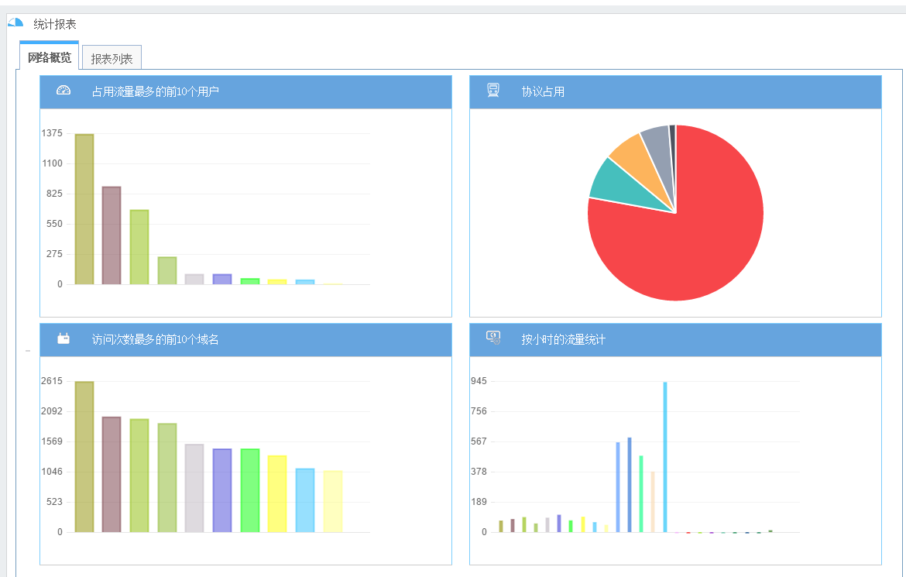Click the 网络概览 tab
pos(50,58)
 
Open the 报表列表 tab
pos(112,59)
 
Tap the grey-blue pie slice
pos(657,140)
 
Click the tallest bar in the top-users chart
pos(84,209)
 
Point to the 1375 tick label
pos(52,133)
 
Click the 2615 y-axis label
pos(52,381)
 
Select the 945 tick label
pos(478,381)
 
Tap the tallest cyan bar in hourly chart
pos(665,457)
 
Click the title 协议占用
pos(543,92)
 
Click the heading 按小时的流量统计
pos(563,340)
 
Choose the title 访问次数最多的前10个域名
pos(155,340)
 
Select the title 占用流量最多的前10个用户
pos(155,92)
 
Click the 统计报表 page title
pos(55,25)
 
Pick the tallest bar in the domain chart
pos(84,457)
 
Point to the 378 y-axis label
pos(478,472)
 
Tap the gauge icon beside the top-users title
pos(63,91)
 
